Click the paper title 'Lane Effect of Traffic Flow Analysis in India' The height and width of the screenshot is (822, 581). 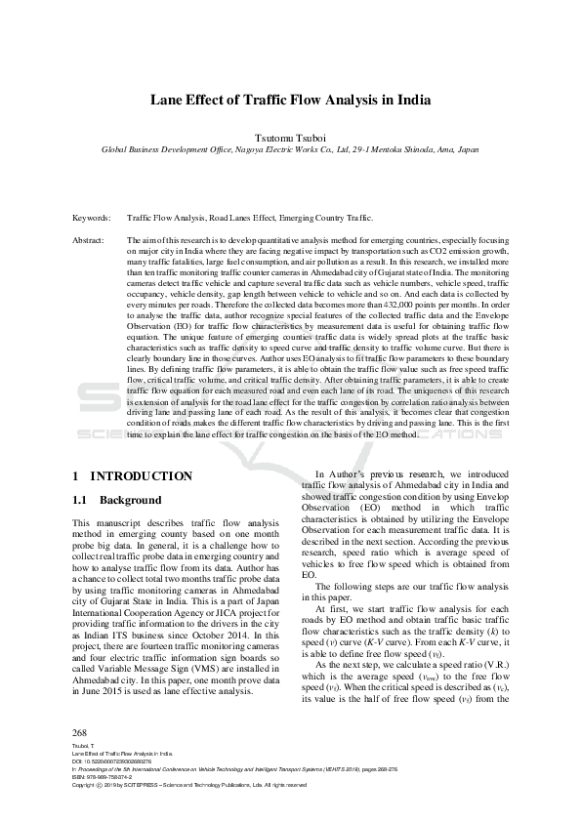click(290, 100)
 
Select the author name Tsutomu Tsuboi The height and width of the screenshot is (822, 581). click(290, 138)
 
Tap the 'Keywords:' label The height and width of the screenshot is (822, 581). click(91, 218)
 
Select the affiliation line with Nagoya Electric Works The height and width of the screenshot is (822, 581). click(290, 151)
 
